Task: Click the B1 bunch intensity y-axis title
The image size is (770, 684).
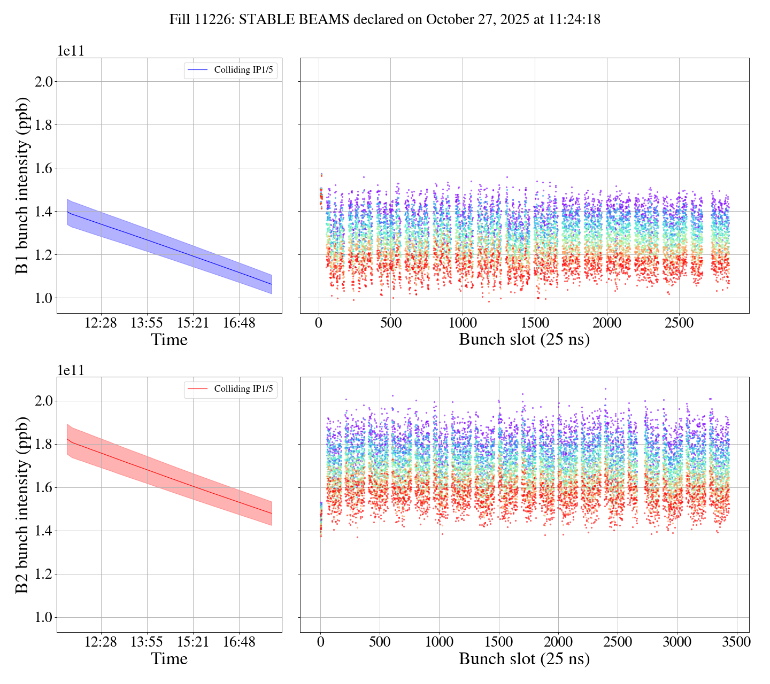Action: pyautogui.click(x=22, y=185)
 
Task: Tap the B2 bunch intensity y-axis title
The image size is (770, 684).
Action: pyautogui.click(x=22, y=505)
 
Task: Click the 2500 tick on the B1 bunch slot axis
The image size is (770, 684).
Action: pyautogui.click(x=679, y=323)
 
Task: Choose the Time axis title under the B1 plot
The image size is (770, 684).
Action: pyautogui.click(x=170, y=340)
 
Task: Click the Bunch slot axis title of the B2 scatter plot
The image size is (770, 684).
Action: pyautogui.click(x=524, y=659)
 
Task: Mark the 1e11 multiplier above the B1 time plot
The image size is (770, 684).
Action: pyautogui.click(x=71, y=51)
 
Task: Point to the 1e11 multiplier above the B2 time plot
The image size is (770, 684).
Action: pyautogui.click(x=71, y=370)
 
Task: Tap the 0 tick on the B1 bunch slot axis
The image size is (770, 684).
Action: pyautogui.click(x=319, y=323)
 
